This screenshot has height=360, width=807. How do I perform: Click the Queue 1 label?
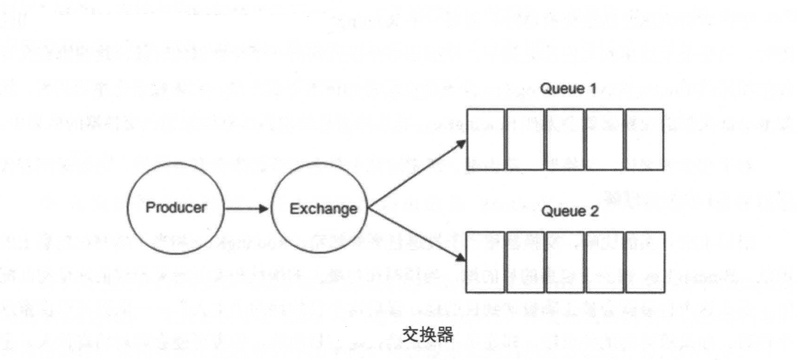click(568, 89)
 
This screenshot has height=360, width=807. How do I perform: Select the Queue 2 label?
click(570, 211)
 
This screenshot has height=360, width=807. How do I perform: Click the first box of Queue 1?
click(485, 139)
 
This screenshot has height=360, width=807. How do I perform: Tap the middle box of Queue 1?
click(565, 139)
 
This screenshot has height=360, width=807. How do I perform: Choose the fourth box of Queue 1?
click(605, 139)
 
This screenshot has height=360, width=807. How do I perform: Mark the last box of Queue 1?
click(644, 139)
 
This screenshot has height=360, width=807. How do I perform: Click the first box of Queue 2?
click(485, 262)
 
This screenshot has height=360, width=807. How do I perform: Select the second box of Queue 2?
click(526, 262)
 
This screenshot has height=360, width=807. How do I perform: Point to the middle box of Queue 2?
click(565, 262)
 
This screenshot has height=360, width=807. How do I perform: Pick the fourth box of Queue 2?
click(605, 262)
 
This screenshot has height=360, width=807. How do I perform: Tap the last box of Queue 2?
click(644, 262)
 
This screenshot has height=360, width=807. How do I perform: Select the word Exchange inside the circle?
click(323, 209)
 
